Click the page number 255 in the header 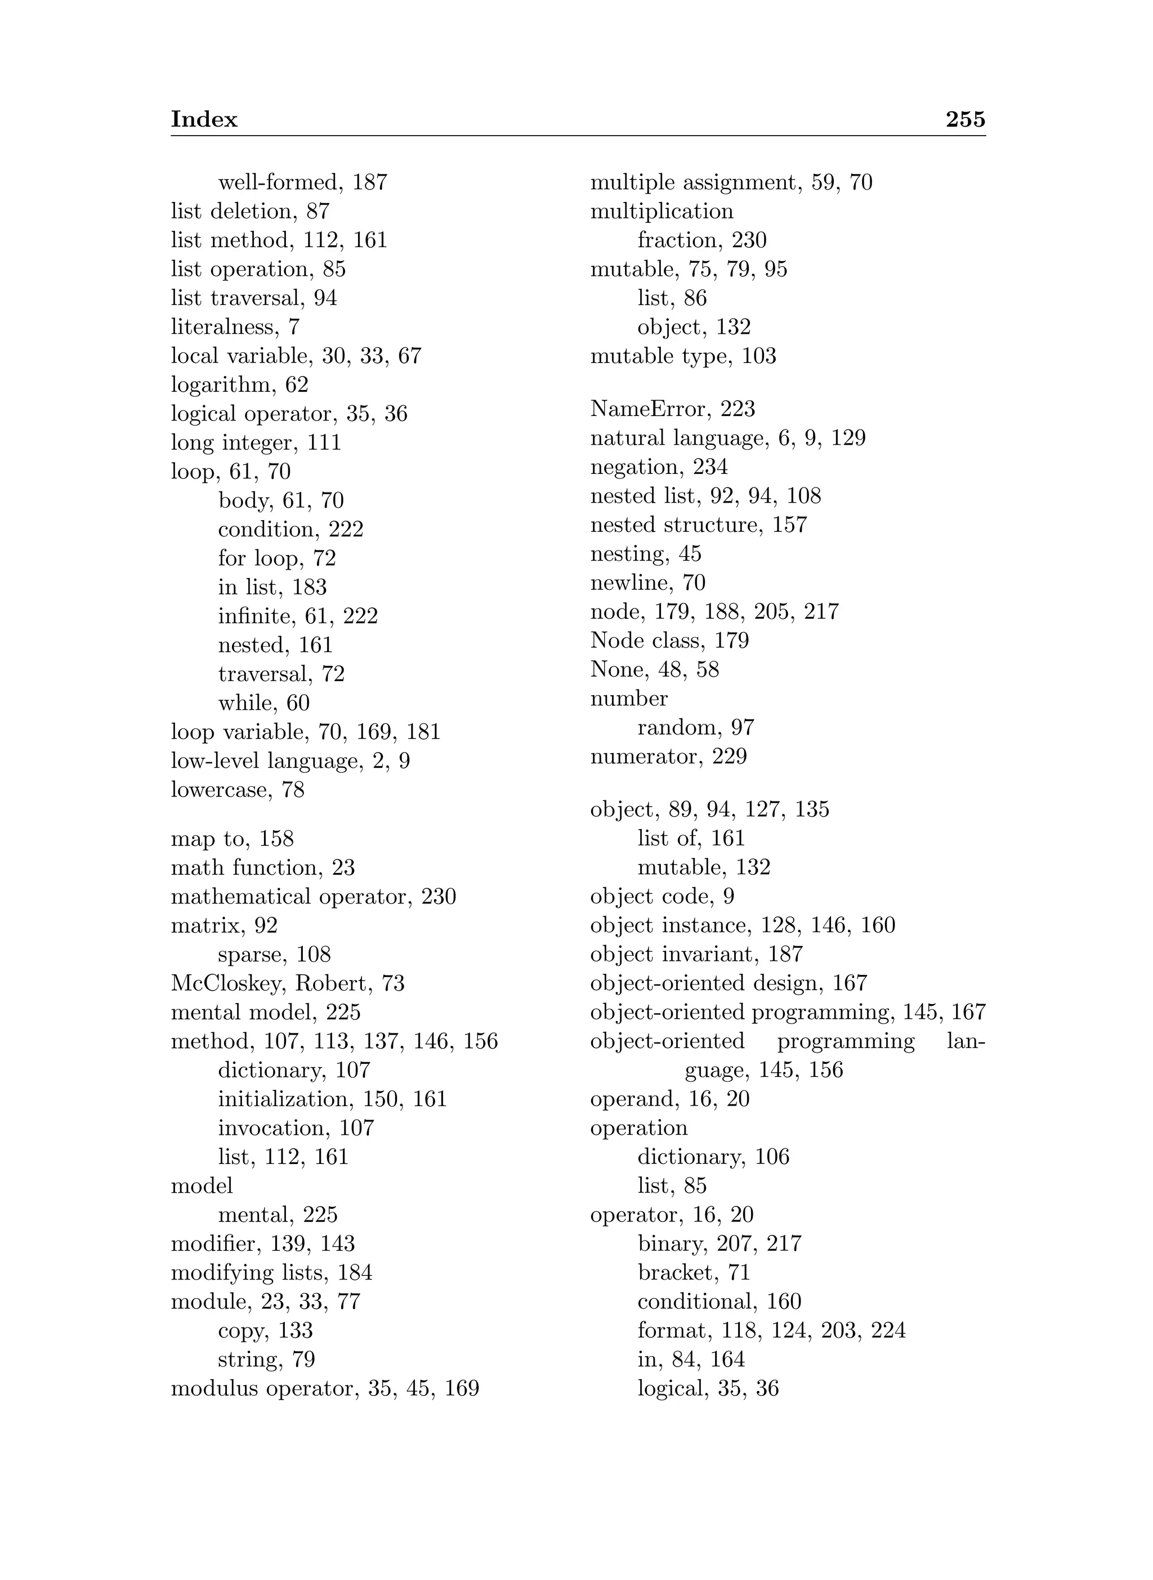(966, 119)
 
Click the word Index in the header (204, 119)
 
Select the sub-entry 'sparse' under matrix (251, 954)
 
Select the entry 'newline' (629, 582)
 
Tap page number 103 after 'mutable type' (759, 356)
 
